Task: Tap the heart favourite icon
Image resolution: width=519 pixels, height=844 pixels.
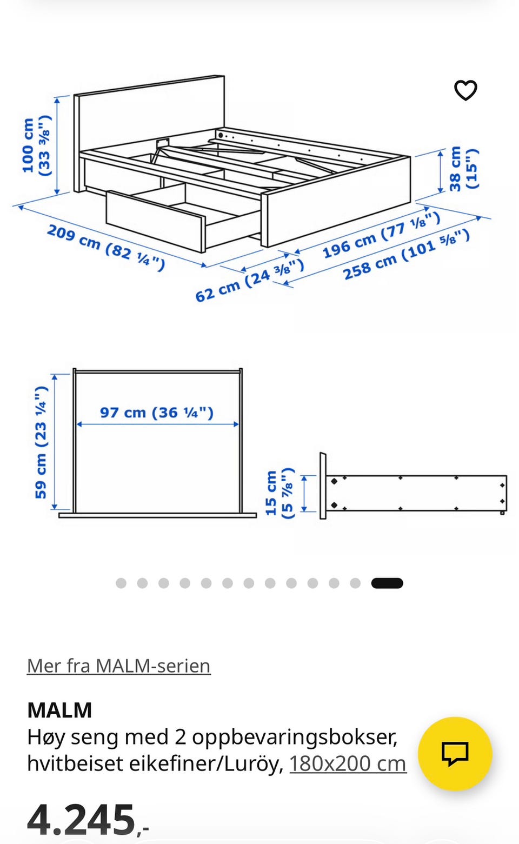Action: (465, 90)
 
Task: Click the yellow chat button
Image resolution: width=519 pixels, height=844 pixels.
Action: (455, 754)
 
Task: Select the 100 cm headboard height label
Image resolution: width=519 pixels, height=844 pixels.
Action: (36, 145)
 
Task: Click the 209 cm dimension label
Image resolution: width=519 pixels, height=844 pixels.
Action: (106, 247)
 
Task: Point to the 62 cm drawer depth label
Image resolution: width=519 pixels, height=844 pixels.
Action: (249, 280)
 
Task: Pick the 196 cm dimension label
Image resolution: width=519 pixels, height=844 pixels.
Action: (381, 235)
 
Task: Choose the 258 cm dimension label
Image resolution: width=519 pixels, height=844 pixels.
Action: (406, 255)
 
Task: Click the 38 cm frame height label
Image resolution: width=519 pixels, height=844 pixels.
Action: (463, 169)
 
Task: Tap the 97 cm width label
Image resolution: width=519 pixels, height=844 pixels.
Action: (157, 413)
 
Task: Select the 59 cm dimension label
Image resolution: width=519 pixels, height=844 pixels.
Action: (41, 442)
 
